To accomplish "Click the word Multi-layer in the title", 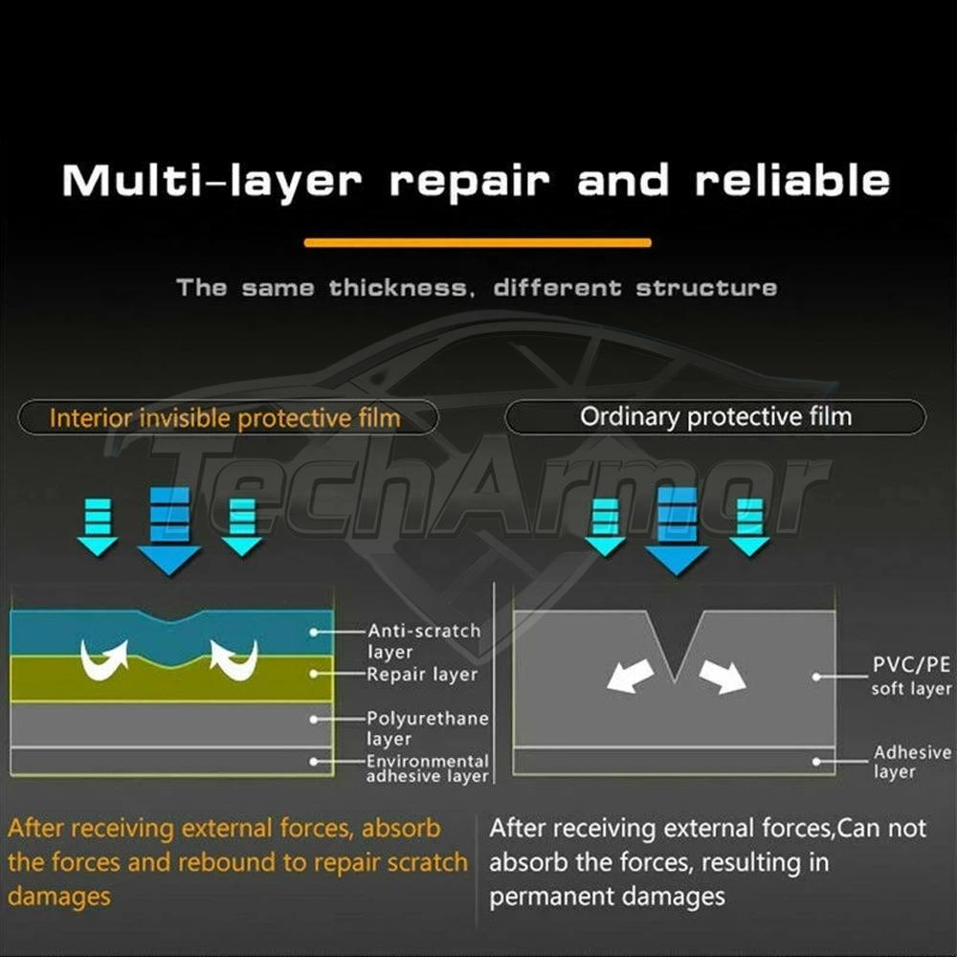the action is pos(211,181).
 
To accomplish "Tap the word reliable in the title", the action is pos(792,180).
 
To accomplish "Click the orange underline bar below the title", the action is pos(478,242).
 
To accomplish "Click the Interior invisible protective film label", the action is pos(225,418).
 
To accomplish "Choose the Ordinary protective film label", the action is pos(715,417).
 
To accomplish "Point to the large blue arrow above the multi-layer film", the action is pos(169,531).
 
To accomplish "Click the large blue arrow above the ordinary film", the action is pos(677,531).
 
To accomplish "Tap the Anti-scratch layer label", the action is pos(424,641).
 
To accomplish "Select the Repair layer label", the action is pos(422,675).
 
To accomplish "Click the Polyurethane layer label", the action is pos(427,727).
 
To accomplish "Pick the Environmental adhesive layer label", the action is pos(427,768).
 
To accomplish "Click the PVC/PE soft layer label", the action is pos(911,676).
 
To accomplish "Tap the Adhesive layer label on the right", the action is pos(912,761).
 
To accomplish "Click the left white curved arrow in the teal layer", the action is pos(104,659).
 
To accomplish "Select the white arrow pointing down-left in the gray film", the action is pos(630,676).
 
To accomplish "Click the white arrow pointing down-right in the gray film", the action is pos(723,676).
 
